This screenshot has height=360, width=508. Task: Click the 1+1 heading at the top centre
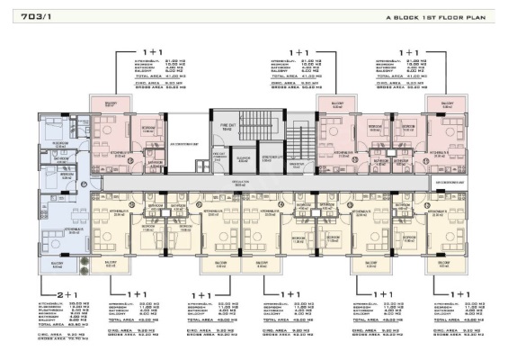[299, 52]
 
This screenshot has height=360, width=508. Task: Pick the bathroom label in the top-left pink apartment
[155, 162]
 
